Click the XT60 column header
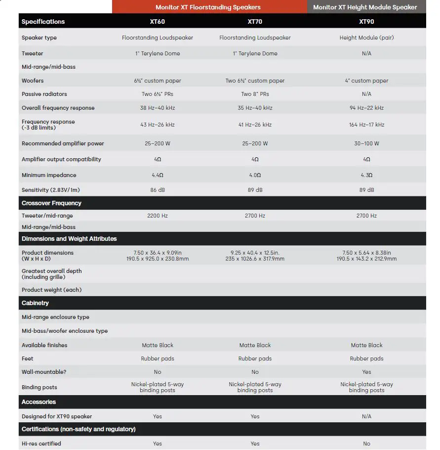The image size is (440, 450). (158, 22)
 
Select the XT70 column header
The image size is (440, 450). (255, 22)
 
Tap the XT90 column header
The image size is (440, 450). (366, 22)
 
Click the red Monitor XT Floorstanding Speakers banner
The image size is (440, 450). (208, 7)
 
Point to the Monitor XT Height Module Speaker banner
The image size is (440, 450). (365, 7)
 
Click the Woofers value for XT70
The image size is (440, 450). (255, 81)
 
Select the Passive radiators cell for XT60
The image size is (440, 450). (158, 94)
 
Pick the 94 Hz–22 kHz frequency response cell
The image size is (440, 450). (366, 108)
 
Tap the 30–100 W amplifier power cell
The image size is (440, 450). (366, 143)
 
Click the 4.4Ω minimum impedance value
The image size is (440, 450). (158, 175)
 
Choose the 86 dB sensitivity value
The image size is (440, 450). (158, 190)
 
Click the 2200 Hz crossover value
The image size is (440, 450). (158, 216)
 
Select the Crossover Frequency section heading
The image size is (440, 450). (51, 203)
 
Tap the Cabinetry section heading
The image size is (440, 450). (35, 303)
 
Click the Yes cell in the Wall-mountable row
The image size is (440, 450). (366, 372)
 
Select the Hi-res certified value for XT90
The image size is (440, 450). (366, 444)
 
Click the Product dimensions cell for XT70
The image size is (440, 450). (255, 256)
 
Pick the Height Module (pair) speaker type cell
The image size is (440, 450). (366, 38)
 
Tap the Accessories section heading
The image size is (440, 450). (39, 402)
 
